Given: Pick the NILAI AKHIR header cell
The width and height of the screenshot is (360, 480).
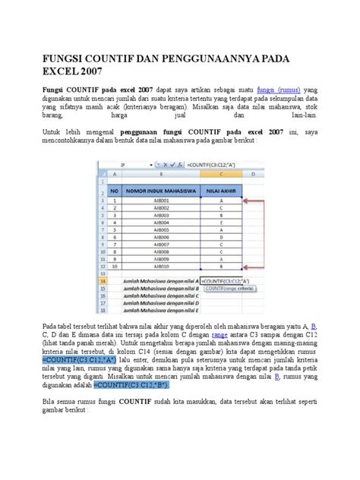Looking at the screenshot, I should [222, 191].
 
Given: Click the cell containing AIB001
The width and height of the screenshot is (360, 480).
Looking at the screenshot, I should [160, 201].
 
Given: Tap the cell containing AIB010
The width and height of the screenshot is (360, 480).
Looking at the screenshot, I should [160, 267].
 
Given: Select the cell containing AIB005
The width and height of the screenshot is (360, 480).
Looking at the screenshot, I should [160, 231].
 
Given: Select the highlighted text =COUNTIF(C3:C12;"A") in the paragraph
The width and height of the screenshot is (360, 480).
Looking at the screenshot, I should [77, 359].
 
